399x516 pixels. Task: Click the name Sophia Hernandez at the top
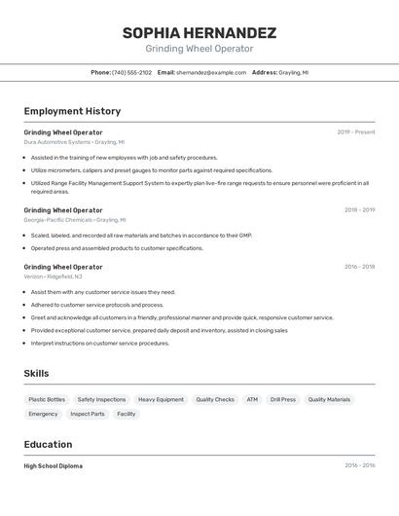coord(199,33)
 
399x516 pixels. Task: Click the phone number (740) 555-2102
coord(131,72)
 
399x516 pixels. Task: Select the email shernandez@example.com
coord(211,72)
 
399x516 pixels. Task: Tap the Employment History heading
coord(72,111)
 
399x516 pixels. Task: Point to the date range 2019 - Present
coord(356,132)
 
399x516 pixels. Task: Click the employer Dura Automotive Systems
coord(57,142)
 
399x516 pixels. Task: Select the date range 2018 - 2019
coord(359,209)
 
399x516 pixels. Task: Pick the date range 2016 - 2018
coord(359,267)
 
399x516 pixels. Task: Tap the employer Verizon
coord(34,276)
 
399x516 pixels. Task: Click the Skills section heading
coord(36,374)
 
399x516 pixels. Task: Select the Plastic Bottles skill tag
coord(47,399)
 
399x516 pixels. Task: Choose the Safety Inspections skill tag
coord(101,399)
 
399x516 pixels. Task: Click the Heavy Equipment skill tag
coord(161,399)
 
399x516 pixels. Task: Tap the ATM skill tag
coord(252,399)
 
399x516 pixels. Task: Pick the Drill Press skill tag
coord(283,399)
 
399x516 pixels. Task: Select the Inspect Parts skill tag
coord(88,414)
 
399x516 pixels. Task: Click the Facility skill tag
coord(127,414)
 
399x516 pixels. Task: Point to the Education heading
coord(49,444)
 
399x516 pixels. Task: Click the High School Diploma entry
coord(54,466)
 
